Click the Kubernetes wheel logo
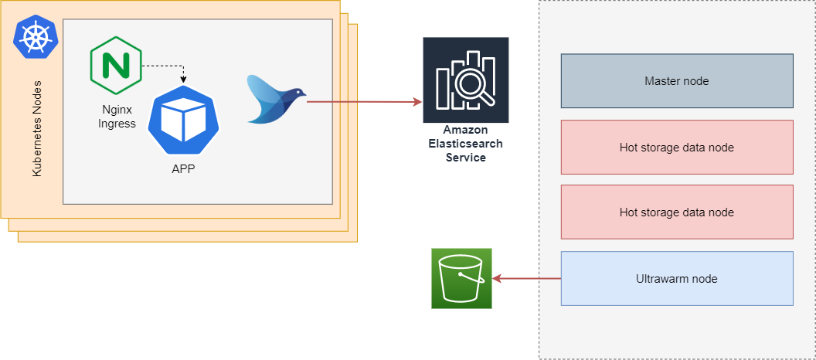tap(36, 39)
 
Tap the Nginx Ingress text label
tap(117, 117)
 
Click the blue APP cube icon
tap(183, 121)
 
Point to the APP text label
tap(183, 168)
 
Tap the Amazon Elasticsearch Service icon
tap(466, 79)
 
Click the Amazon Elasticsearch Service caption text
tap(466, 144)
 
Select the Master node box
tap(676, 80)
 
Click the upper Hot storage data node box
tap(676, 147)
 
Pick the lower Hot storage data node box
tap(676, 212)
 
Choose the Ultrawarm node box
tap(676, 278)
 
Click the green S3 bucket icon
tap(461, 278)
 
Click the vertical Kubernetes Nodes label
tap(36, 127)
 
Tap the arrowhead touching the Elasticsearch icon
tap(417, 101)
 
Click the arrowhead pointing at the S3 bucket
tap(498, 278)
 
